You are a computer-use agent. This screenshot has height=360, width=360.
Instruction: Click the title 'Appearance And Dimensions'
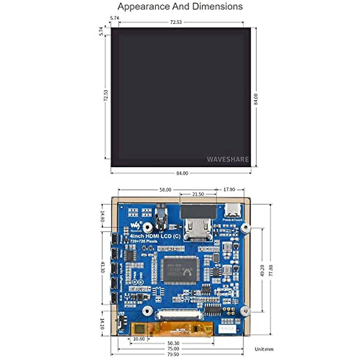pos(180,7)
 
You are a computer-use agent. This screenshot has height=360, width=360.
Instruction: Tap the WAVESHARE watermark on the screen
pos(228,159)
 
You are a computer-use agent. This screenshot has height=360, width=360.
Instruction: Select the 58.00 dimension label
pos(165,190)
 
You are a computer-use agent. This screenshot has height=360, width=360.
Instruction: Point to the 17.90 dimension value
pos(229,190)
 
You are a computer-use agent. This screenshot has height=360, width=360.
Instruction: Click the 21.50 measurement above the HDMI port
pos(198,194)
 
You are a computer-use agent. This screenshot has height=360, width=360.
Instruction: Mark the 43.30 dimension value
pos(103,268)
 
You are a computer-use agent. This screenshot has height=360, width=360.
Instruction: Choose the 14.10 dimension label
pos(102,324)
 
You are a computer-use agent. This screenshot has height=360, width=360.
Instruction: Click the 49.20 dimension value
pos(262,270)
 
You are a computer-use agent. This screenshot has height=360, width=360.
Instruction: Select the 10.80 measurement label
pos(139,339)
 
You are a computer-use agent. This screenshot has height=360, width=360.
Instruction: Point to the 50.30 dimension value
pos(173,343)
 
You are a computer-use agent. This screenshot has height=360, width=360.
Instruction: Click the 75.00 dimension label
pos(173,349)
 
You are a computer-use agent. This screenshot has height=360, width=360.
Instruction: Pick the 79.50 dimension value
pos(173,354)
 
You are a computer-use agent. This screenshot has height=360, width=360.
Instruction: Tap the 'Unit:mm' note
pos(264,349)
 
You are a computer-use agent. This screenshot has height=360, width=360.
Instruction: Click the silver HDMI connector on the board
pos(198,229)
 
